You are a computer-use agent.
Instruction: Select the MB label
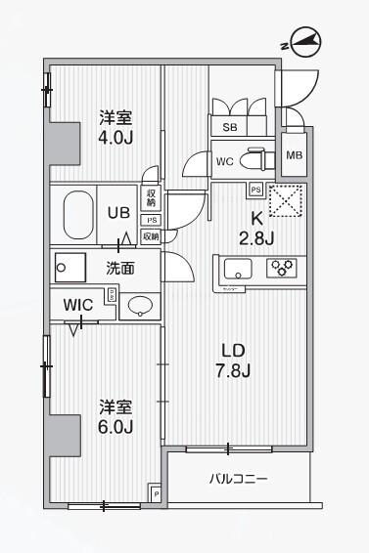(x=294, y=155)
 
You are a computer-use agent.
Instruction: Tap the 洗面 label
(x=120, y=266)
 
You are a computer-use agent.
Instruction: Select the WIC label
(x=79, y=304)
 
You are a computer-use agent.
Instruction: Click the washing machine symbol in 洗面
(x=69, y=266)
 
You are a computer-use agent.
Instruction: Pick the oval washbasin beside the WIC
(x=140, y=305)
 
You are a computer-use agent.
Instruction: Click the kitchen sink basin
(x=239, y=268)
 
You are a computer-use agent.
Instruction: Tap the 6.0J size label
(x=115, y=426)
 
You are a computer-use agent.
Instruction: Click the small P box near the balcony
(x=154, y=493)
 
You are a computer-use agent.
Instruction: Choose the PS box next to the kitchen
(x=254, y=190)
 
